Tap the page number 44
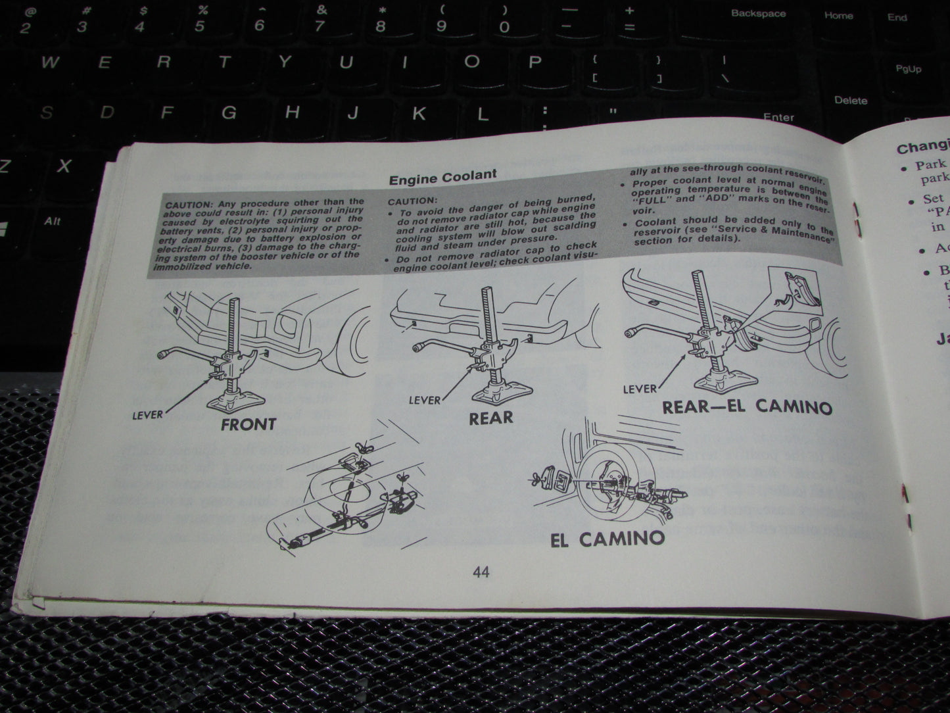481,572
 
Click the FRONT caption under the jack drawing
248,424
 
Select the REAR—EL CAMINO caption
746,406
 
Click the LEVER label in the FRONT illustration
147,414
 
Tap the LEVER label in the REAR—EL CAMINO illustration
639,389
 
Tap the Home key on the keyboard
838,16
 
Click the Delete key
850,101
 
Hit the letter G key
228,112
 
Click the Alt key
52,221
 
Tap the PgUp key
908,69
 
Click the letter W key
50,63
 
